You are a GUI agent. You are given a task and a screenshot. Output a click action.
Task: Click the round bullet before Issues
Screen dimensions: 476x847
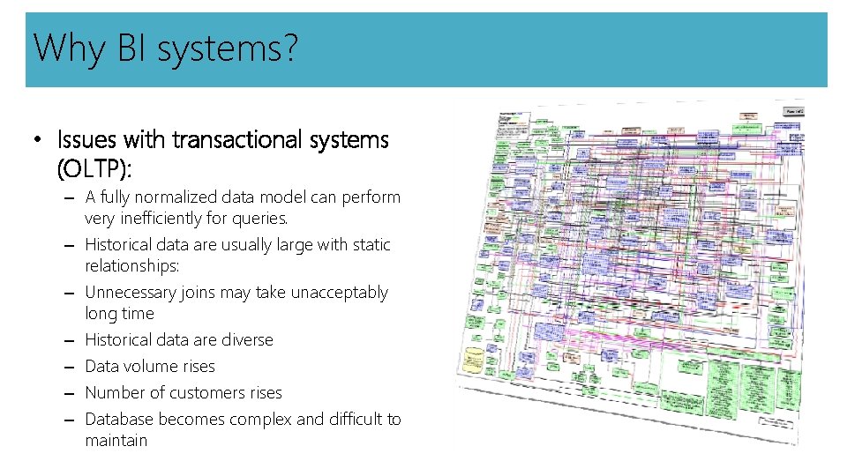(36, 141)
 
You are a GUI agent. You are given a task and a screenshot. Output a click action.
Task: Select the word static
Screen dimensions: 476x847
(371, 245)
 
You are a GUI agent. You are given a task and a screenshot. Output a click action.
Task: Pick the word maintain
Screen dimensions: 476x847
(116, 441)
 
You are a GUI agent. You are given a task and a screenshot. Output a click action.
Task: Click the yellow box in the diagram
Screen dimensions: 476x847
(474, 361)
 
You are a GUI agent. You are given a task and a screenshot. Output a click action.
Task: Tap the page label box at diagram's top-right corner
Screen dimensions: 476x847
(793, 112)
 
